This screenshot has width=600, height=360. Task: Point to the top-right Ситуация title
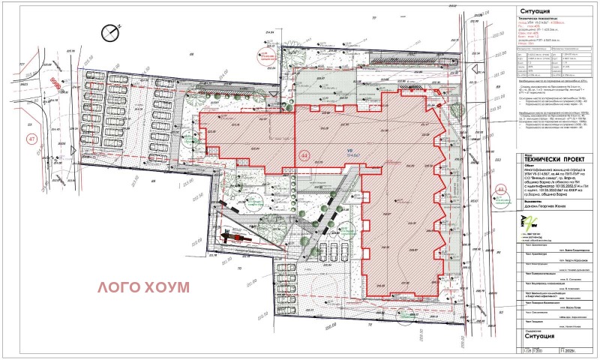click(x=534, y=11)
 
